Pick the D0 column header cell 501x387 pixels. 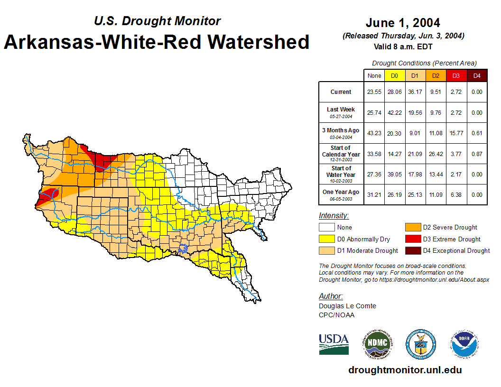394,75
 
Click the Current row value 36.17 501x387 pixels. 415,92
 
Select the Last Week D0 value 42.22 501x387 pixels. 394,113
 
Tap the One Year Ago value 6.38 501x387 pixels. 455,194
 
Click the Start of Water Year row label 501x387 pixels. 341,174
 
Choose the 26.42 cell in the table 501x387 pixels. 435,154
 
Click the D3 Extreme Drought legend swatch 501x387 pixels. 411,239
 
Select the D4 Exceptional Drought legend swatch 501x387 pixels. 411,250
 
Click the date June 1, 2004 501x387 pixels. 403,23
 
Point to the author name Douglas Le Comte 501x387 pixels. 347,306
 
